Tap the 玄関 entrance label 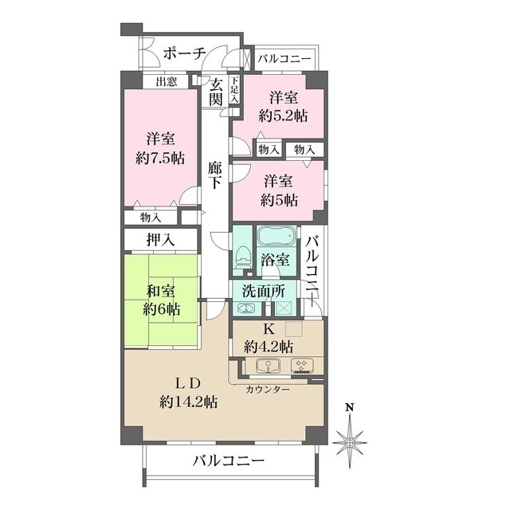tap(214, 92)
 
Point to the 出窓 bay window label tap(166, 81)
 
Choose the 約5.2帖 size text tap(284, 116)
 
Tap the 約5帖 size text tap(281, 199)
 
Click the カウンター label tap(267, 390)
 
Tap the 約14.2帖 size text tap(189, 402)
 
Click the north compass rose tap(349, 438)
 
